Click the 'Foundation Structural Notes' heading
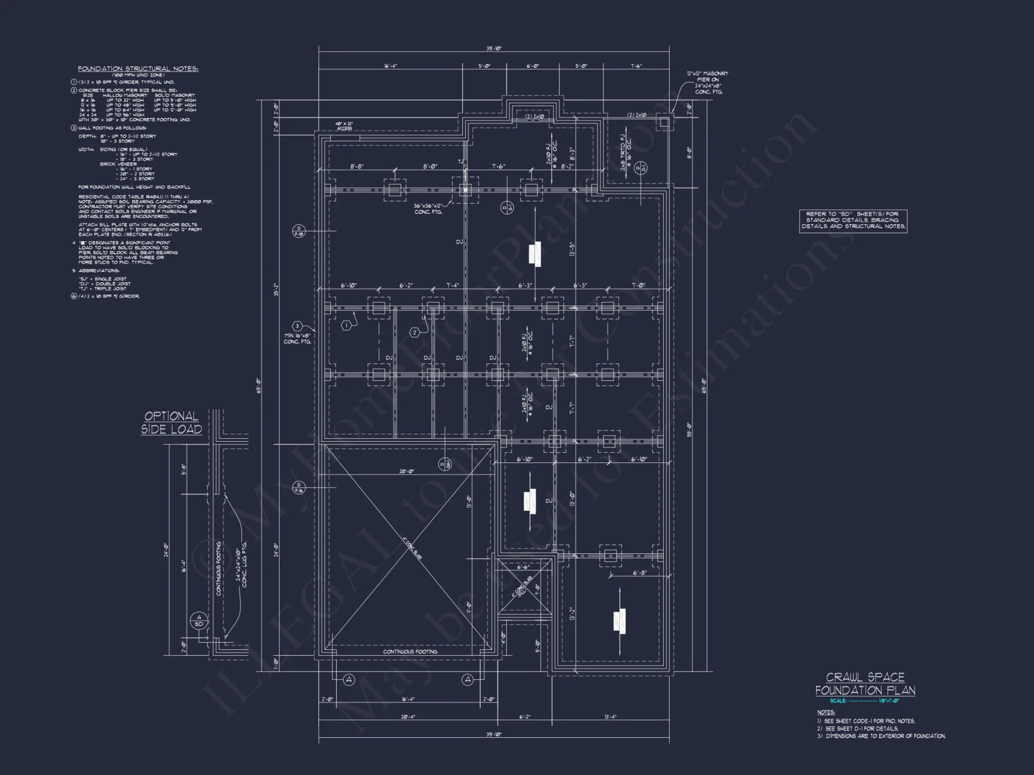[138, 69]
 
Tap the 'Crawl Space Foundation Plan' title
[865, 684]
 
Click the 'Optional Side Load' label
[171, 423]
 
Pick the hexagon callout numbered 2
[415, 333]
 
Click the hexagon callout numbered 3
[297, 326]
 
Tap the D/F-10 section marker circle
[298, 231]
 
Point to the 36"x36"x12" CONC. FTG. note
[428, 209]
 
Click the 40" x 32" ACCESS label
[344, 126]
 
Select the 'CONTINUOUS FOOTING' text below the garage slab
[410, 652]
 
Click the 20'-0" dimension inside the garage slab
[406, 471]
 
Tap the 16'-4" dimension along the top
[390, 66]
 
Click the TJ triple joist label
[460, 162]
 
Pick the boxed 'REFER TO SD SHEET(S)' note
[853, 221]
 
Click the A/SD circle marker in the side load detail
[199, 620]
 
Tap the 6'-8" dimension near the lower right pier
[640, 572]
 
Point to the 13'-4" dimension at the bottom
[610, 717]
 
